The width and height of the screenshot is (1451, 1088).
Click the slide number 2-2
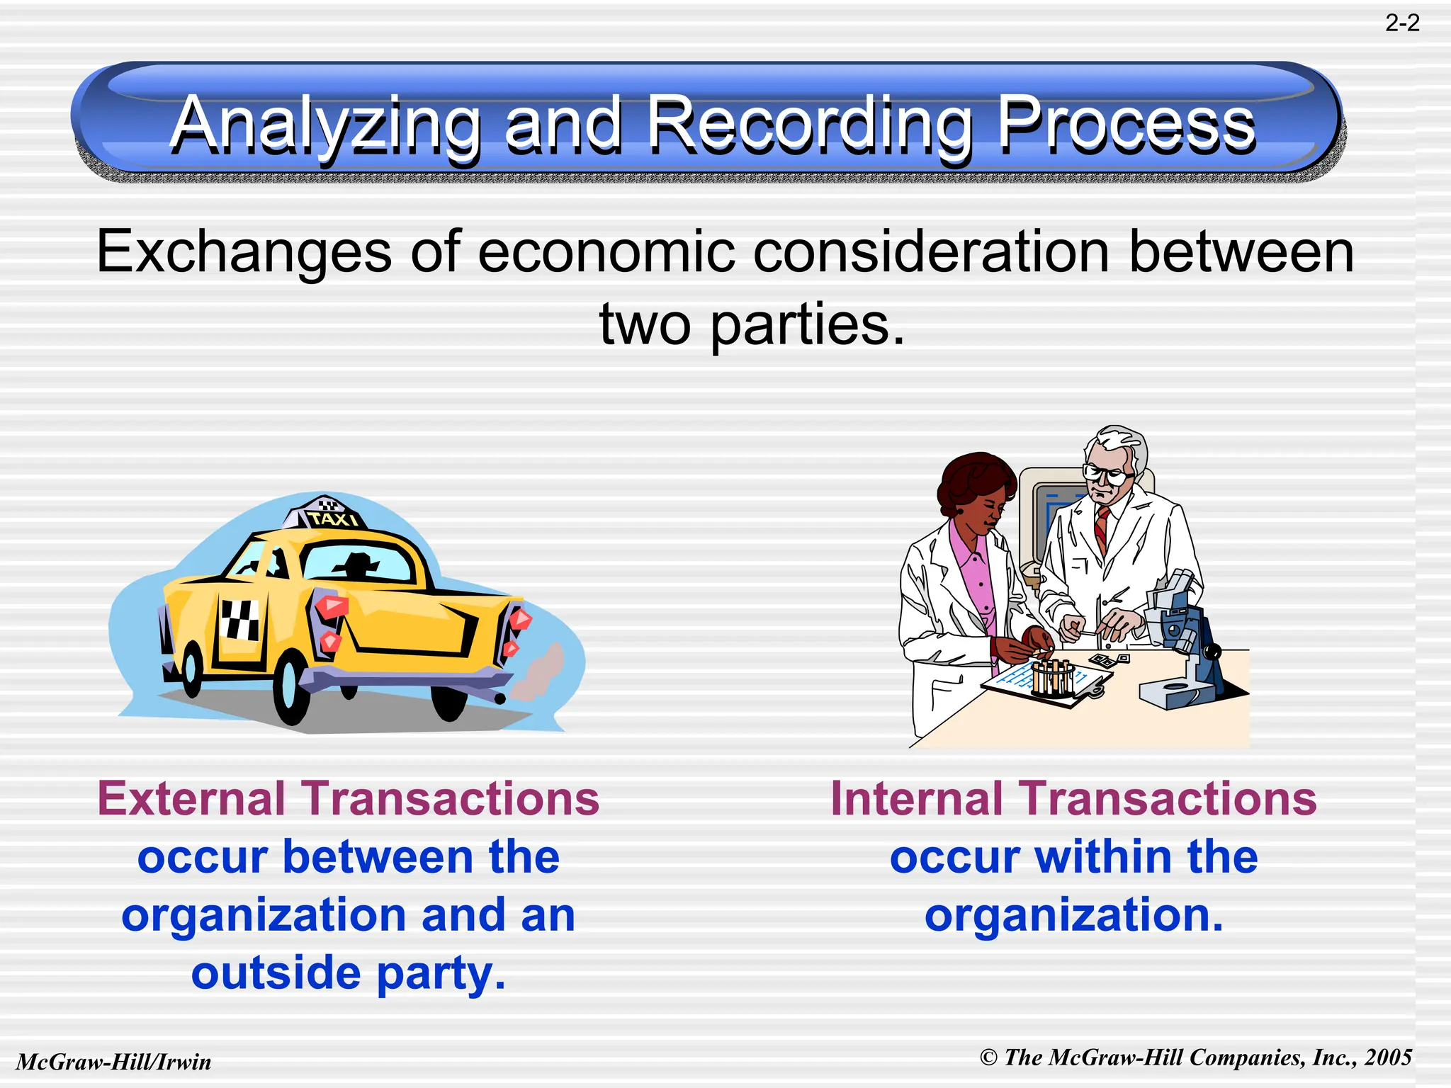(x=1402, y=23)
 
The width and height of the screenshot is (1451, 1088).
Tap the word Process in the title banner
(x=1127, y=126)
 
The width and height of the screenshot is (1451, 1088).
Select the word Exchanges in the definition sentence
(x=244, y=253)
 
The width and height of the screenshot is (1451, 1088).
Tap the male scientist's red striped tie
(x=1101, y=528)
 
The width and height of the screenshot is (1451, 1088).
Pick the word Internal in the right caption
(x=916, y=799)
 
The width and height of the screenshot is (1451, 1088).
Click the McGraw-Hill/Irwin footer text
(x=114, y=1062)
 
